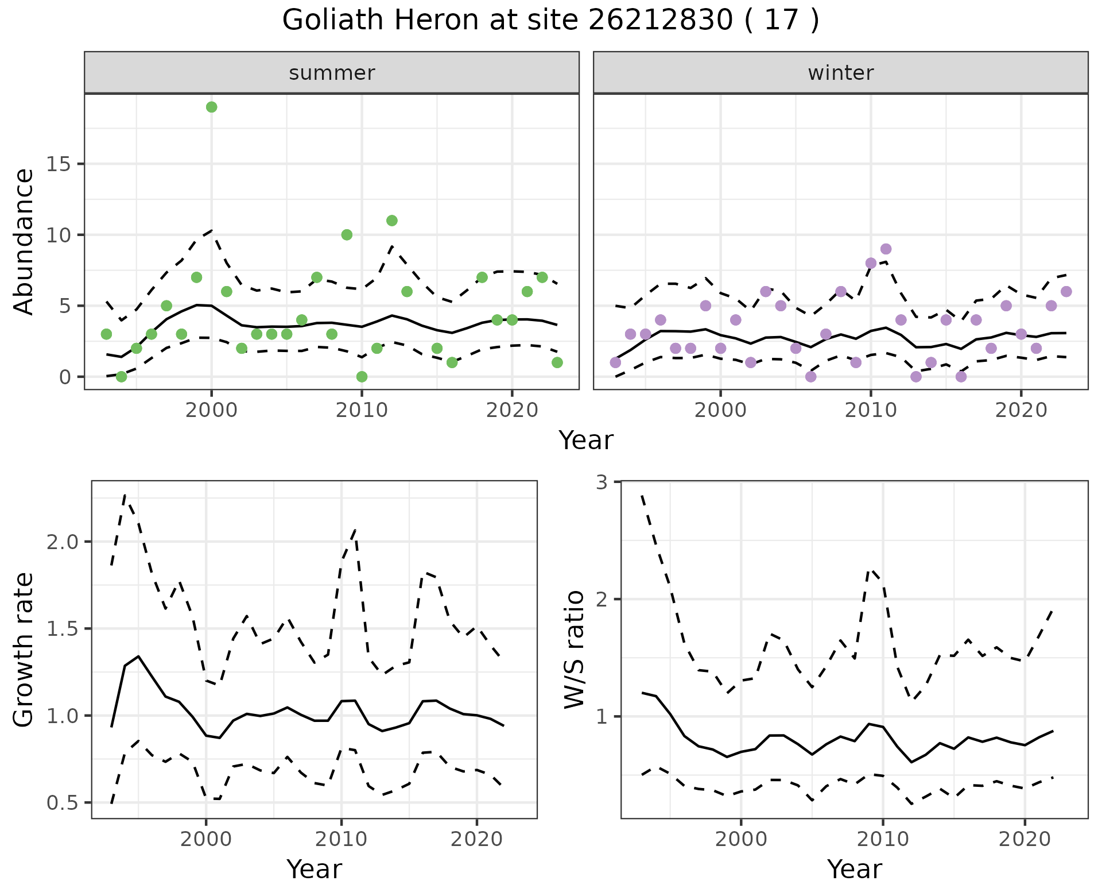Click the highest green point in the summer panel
click(211, 107)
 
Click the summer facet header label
click(332, 73)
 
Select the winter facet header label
click(840, 73)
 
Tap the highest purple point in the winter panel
click(886, 249)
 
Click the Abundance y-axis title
click(24, 241)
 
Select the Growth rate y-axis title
click(24, 649)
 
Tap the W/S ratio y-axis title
click(574, 649)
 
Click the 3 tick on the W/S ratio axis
click(602, 482)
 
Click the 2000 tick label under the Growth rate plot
click(205, 839)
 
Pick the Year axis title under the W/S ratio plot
click(854, 869)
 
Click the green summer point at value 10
click(347, 234)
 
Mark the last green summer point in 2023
click(557, 362)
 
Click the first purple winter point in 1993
click(615, 362)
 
